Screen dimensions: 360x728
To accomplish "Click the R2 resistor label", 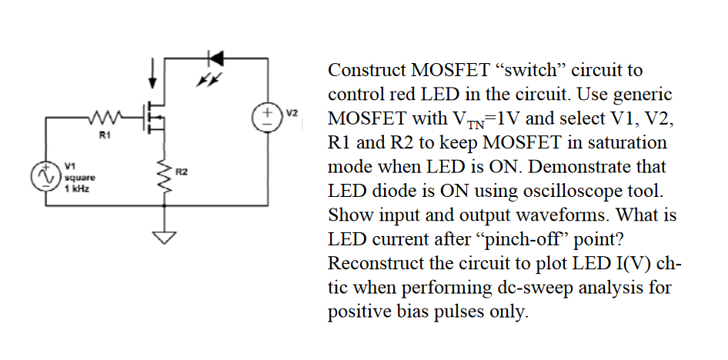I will tap(181, 170).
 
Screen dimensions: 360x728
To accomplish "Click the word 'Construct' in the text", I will tap(365, 70).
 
